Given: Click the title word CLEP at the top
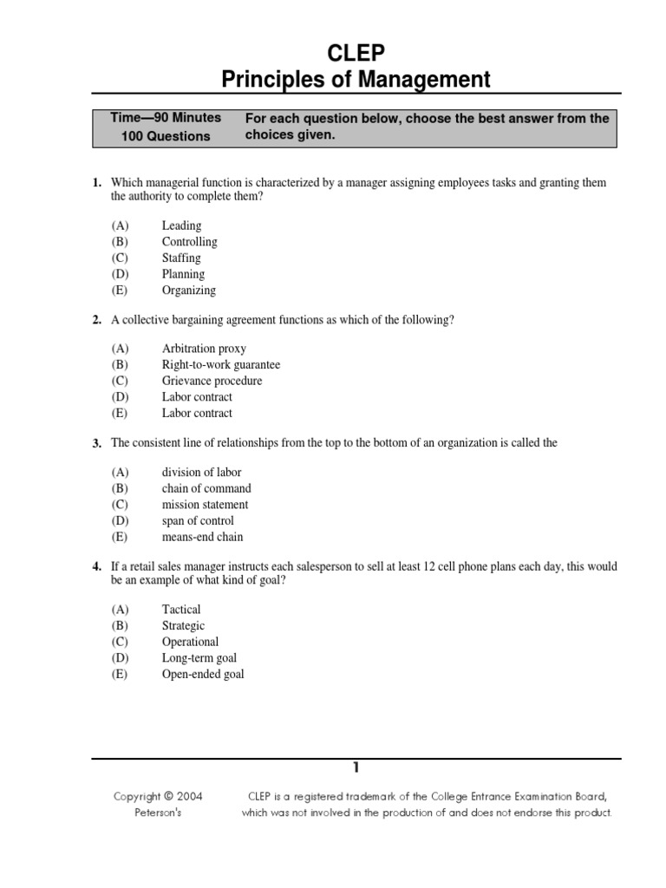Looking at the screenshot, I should click(x=356, y=54).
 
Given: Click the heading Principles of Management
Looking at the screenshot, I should click(x=356, y=81).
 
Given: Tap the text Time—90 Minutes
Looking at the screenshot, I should click(x=166, y=117).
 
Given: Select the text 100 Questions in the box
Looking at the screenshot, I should click(x=166, y=136).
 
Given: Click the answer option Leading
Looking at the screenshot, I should click(x=181, y=225).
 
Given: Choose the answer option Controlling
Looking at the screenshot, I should click(x=189, y=242).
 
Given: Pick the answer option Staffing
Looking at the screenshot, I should click(x=181, y=258).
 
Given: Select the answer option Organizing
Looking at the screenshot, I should click(x=188, y=291).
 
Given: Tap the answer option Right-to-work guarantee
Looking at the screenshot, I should click(x=221, y=365).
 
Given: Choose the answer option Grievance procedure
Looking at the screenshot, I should click(x=212, y=381).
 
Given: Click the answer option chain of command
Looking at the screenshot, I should click(x=206, y=488).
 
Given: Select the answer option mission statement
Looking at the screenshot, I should click(x=205, y=505).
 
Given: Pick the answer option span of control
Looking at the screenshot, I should click(x=198, y=521).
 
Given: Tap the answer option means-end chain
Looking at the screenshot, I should click(x=203, y=538).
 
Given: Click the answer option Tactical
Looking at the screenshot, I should click(x=181, y=610).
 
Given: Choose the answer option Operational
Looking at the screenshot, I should click(x=190, y=643).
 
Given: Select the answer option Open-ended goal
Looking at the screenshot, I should click(x=203, y=675).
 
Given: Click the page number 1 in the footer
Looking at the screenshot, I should click(x=356, y=767).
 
